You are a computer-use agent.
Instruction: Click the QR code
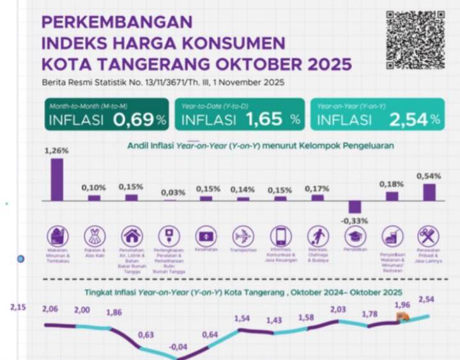pyautogui.click(x=415, y=40)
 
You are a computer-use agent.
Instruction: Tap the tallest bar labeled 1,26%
pyautogui.click(x=57, y=180)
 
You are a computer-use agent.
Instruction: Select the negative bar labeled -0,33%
pyautogui.click(x=355, y=207)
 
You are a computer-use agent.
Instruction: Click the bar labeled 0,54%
pyautogui.click(x=429, y=192)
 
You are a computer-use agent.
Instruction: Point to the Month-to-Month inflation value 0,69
pyautogui.click(x=134, y=119)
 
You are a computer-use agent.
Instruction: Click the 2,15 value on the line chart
pyautogui.click(x=17, y=308)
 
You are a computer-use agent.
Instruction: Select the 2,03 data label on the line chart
pyautogui.click(x=337, y=309)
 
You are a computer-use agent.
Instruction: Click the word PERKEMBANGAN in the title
pyautogui.click(x=117, y=22)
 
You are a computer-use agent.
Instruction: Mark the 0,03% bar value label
pyautogui.click(x=169, y=192)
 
